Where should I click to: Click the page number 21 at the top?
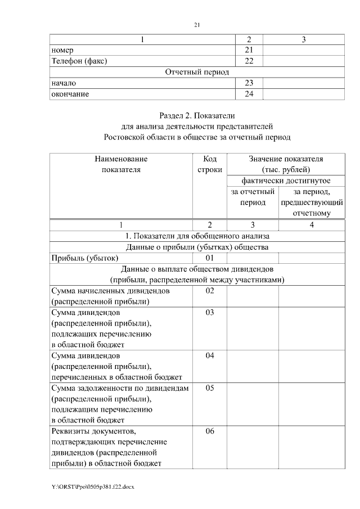(x=196, y=25)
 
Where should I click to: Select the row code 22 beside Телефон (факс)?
(x=249, y=61)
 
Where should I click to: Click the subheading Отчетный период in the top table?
(x=197, y=72)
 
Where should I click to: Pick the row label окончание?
(x=70, y=94)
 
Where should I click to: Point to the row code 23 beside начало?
(x=249, y=83)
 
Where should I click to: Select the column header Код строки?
(x=210, y=164)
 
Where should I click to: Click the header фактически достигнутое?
(x=285, y=181)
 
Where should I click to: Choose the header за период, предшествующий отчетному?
(x=312, y=202)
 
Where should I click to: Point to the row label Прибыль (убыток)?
(x=84, y=258)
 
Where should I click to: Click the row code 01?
(x=210, y=258)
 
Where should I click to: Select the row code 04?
(x=210, y=356)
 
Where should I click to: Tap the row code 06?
(x=210, y=432)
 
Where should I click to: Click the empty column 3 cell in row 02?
(x=253, y=296)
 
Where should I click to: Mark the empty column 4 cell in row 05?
(x=312, y=404)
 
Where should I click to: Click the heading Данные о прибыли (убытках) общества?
(x=197, y=247)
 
